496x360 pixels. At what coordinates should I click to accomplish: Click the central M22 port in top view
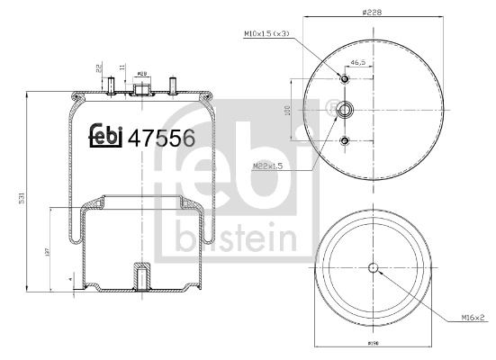point(345,110)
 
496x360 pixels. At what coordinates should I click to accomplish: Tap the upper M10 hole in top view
point(345,79)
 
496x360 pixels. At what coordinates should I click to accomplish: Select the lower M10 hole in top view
point(345,140)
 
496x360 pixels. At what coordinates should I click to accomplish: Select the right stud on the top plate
point(170,86)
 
